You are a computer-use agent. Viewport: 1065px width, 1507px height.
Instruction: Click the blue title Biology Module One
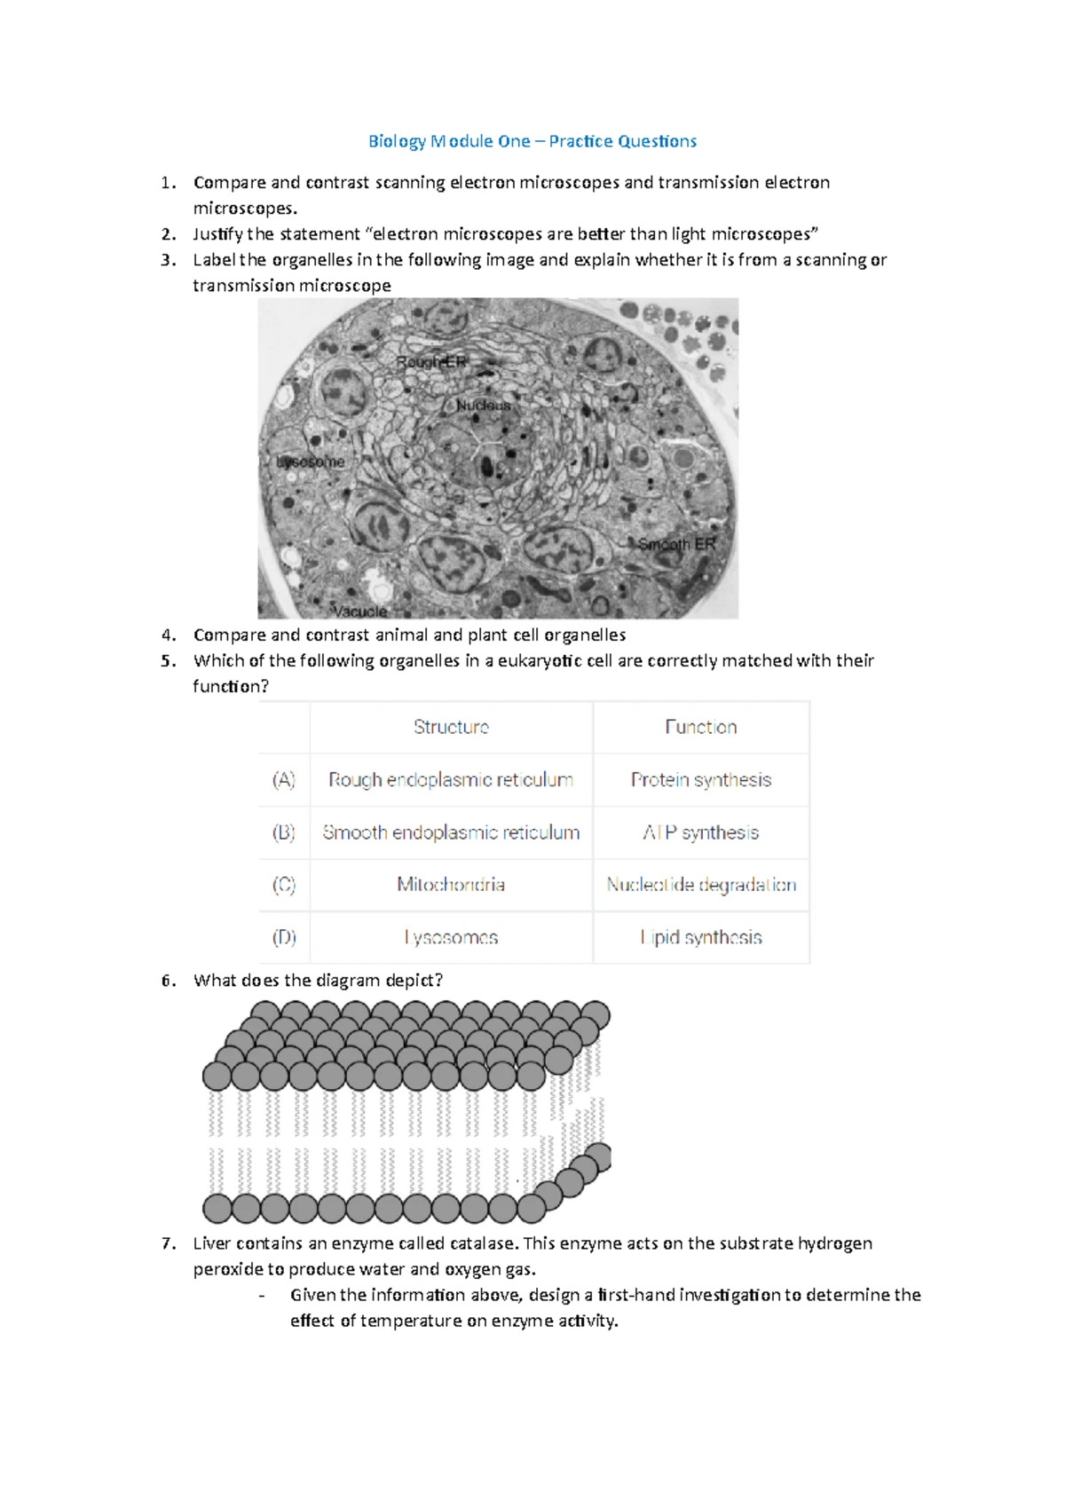pyautogui.click(x=532, y=141)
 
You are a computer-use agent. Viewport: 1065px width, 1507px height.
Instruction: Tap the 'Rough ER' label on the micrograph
pyautogui.click(x=431, y=362)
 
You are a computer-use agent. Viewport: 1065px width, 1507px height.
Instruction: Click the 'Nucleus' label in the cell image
pyautogui.click(x=484, y=406)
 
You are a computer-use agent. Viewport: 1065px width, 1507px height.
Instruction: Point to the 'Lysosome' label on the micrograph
pyautogui.click(x=310, y=462)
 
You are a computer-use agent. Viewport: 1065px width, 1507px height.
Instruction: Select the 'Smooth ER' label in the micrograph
pyautogui.click(x=676, y=544)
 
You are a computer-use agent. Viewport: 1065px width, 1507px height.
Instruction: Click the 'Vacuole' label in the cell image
pyautogui.click(x=360, y=611)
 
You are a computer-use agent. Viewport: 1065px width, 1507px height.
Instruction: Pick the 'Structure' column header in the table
pyautogui.click(x=451, y=728)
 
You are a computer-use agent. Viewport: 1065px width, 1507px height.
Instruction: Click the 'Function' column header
pyautogui.click(x=701, y=728)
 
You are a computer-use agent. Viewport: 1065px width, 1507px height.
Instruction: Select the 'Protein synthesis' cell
pyautogui.click(x=701, y=780)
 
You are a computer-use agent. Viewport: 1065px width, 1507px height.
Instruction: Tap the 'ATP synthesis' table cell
pyautogui.click(x=701, y=832)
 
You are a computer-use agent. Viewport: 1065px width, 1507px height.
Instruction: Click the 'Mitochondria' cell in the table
pyautogui.click(x=451, y=885)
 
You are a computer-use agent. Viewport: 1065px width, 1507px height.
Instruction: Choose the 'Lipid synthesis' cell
pyautogui.click(x=701, y=937)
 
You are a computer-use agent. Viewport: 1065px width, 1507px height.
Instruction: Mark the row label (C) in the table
pyautogui.click(x=284, y=885)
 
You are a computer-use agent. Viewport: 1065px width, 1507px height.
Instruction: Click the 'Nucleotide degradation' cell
pyautogui.click(x=701, y=885)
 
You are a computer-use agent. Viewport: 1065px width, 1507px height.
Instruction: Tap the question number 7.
pyautogui.click(x=169, y=1243)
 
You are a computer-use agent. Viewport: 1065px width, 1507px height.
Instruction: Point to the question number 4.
pyautogui.click(x=169, y=635)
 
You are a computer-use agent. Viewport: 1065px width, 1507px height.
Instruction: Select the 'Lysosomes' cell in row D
pyautogui.click(x=451, y=937)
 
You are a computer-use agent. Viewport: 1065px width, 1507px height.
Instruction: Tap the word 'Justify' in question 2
pyautogui.click(x=217, y=234)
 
